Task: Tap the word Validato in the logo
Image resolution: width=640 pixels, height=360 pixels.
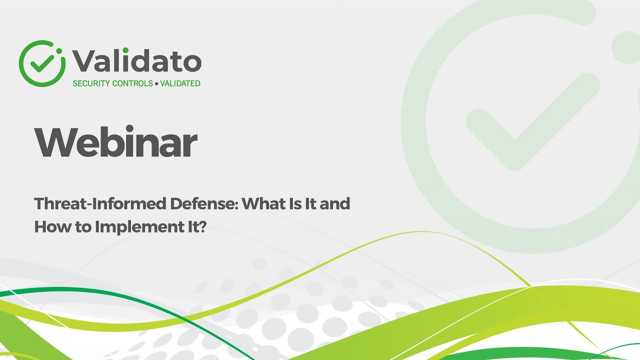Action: [x=136, y=61]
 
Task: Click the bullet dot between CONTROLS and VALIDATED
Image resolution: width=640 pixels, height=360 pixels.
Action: [x=156, y=84]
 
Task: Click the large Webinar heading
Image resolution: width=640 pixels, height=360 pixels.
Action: [x=115, y=142]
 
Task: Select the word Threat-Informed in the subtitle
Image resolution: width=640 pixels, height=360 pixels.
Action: [x=100, y=204]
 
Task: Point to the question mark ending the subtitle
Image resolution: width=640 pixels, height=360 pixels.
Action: [x=202, y=227]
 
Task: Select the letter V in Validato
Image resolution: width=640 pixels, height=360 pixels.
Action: [x=83, y=61]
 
